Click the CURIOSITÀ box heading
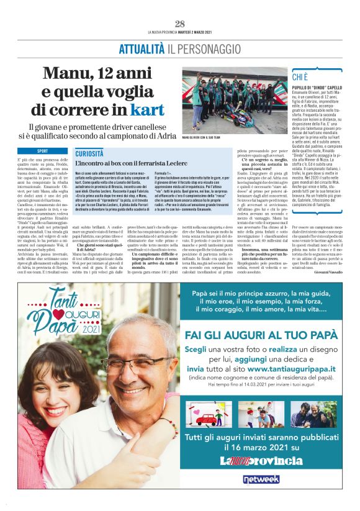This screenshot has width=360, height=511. pos(89,152)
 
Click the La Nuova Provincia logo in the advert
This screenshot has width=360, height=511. pos(262,460)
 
